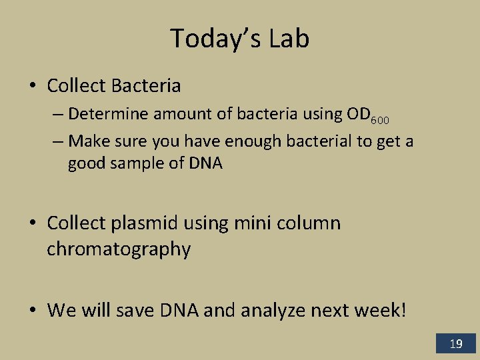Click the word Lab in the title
[x=289, y=39]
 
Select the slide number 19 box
[x=456, y=344]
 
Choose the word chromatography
[x=119, y=249]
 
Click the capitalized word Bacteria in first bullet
[x=146, y=86]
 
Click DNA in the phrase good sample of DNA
[x=204, y=163]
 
